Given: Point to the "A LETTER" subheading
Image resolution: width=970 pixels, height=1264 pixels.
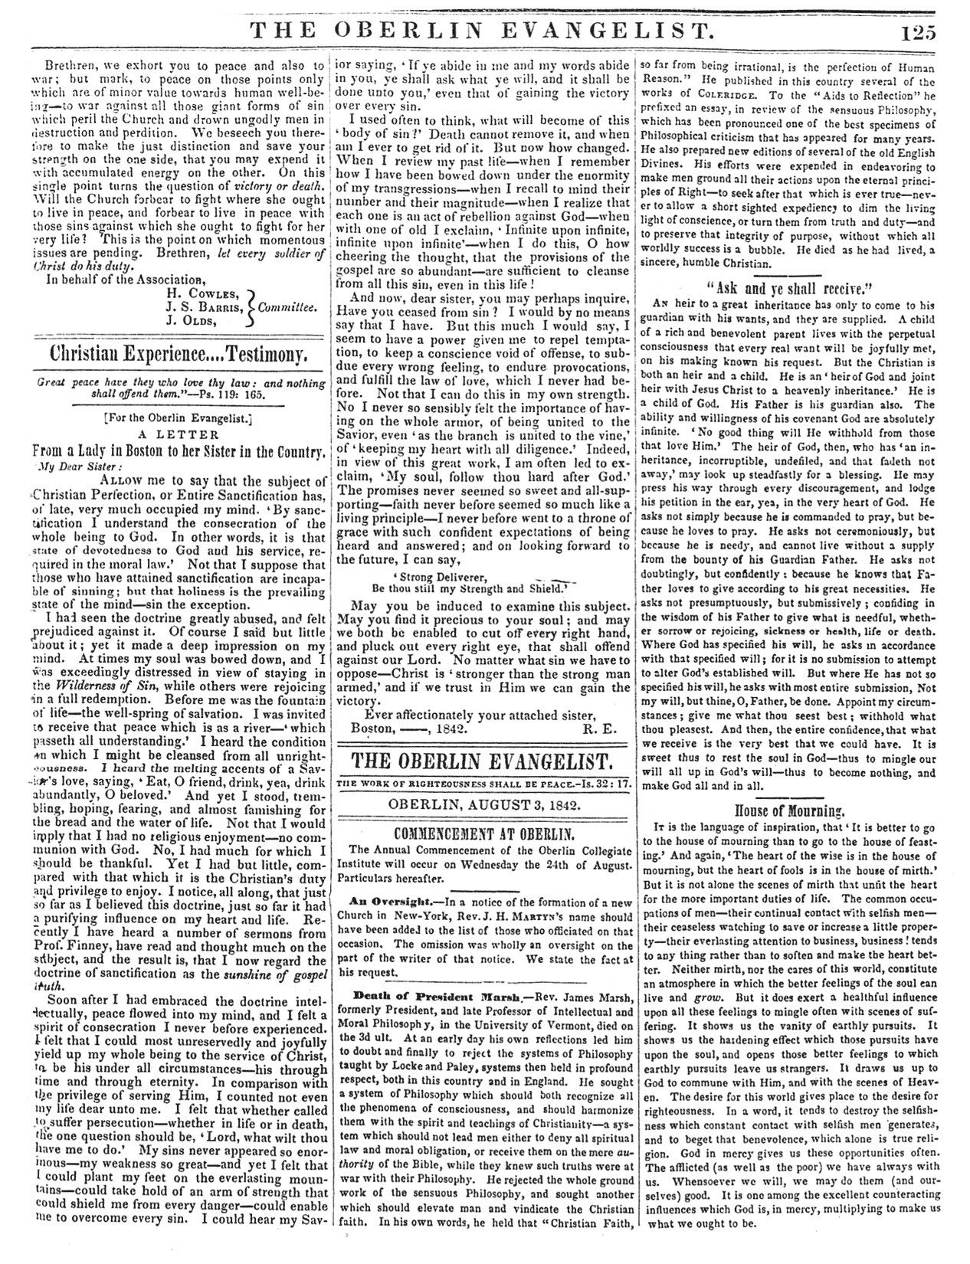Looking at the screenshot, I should click(x=178, y=433).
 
